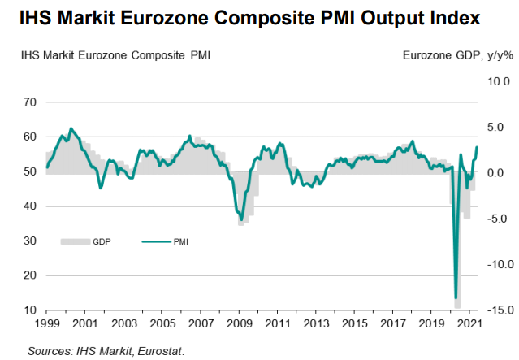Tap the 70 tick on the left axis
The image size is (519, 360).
coord(30,102)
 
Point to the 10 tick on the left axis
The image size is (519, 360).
coord(30,310)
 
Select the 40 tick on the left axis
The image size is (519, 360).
coord(30,206)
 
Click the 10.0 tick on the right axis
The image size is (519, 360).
coord(496,82)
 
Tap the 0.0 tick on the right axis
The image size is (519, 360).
coord(498,173)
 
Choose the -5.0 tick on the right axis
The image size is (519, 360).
coord(496,219)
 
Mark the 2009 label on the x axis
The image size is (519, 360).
coord(239,324)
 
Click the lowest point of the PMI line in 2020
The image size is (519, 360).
coord(456,298)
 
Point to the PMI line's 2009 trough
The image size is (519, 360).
coord(240,219)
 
